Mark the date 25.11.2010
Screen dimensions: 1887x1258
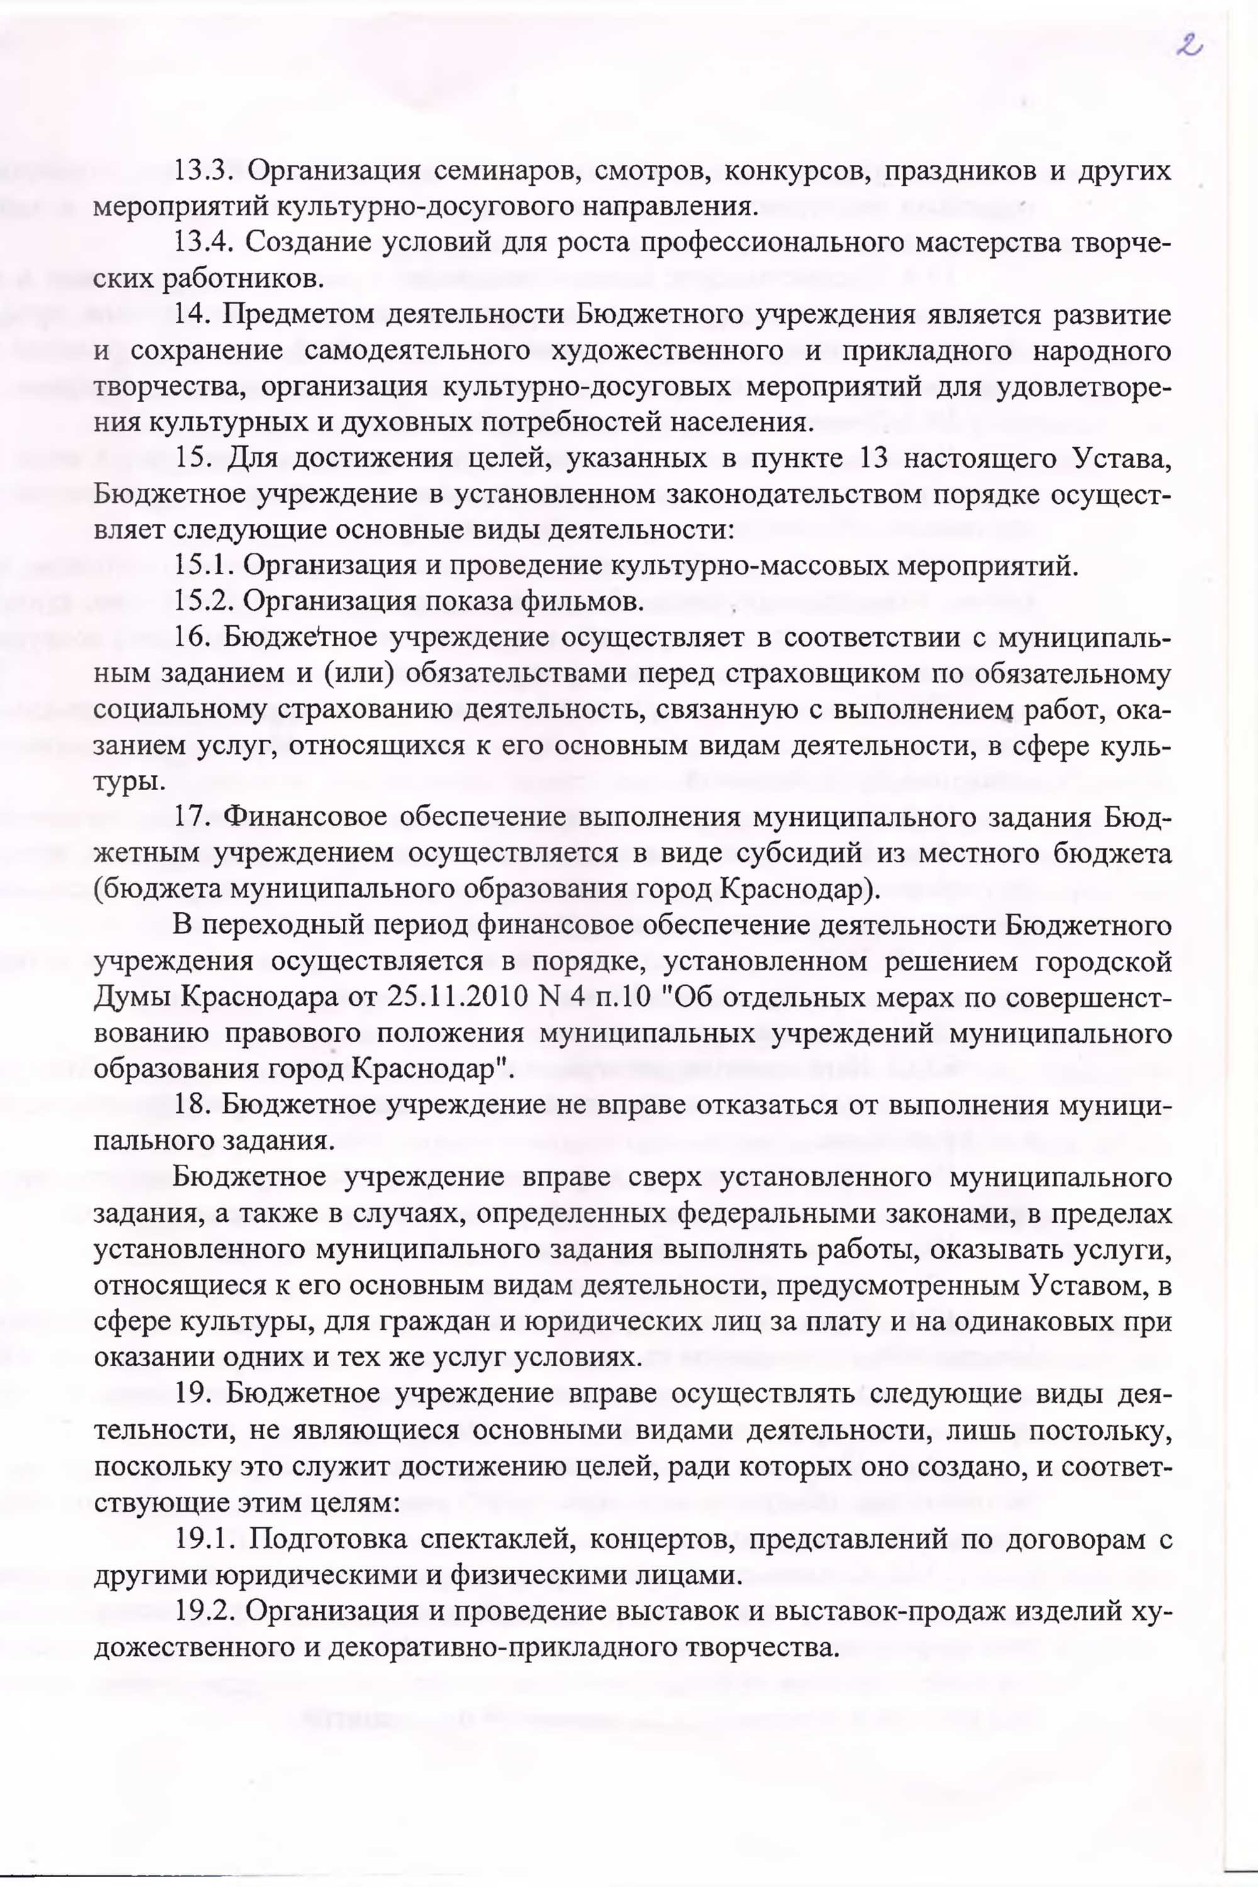click(452, 997)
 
